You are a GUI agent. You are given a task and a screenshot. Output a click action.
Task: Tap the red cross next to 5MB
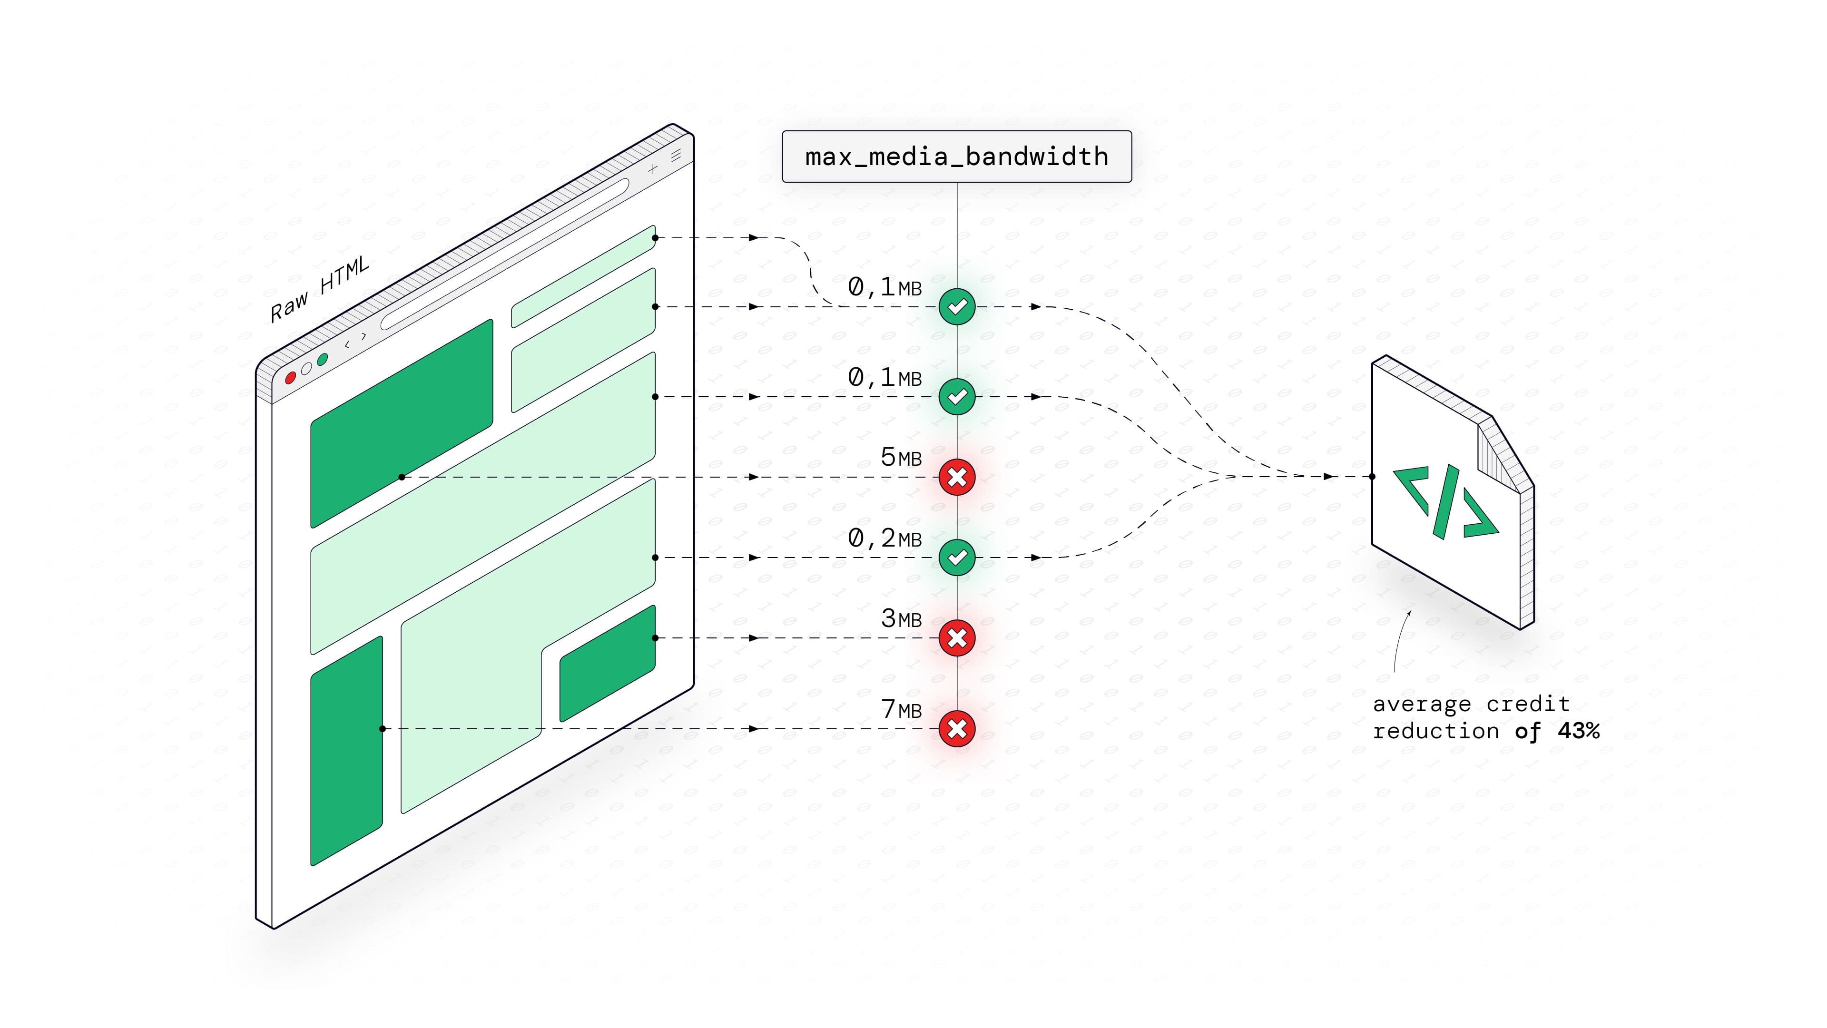click(957, 477)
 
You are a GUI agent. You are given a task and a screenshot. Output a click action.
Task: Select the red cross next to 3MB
click(957, 638)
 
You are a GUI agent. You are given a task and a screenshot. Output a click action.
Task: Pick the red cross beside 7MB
click(957, 729)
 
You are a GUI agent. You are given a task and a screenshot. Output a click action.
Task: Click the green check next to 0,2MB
click(957, 557)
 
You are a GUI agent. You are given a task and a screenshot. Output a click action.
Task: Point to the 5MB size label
click(901, 458)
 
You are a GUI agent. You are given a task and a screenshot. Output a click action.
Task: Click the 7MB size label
click(901, 710)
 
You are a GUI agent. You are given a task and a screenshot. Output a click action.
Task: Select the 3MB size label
click(901, 619)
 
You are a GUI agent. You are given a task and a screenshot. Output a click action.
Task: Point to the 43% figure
click(1578, 731)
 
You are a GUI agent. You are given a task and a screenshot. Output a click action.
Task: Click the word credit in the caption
click(1528, 704)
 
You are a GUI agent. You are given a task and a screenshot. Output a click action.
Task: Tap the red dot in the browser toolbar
click(290, 378)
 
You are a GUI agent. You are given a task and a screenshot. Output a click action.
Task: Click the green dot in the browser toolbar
click(323, 360)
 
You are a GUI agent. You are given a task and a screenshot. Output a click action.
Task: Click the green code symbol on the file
click(1445, 501)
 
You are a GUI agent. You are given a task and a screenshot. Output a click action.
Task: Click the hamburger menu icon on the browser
click(676, 155)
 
